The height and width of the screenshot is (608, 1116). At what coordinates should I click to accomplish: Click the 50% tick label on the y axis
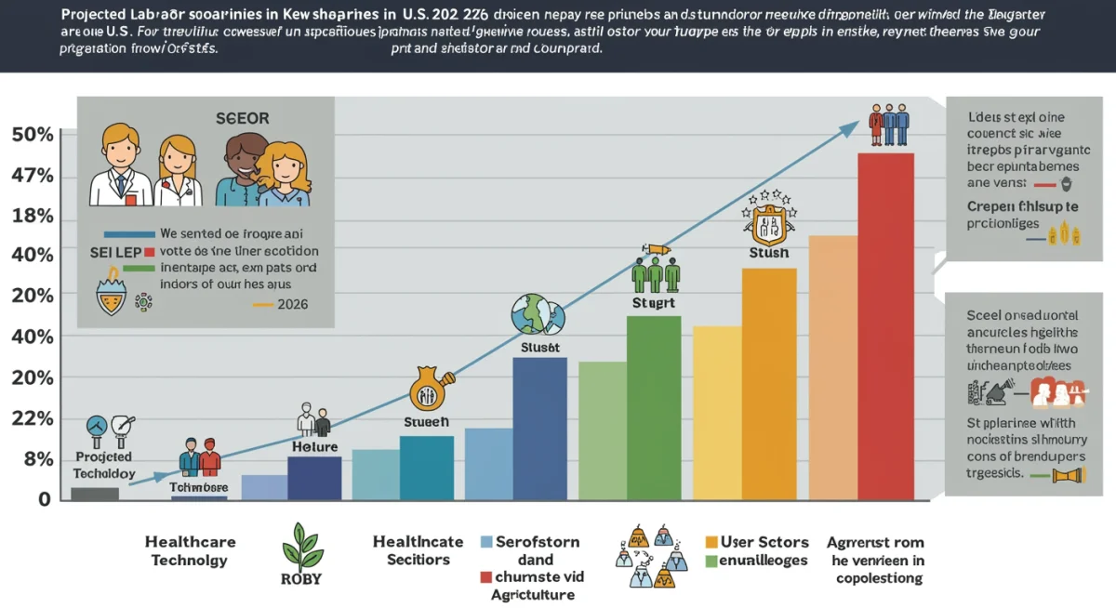[x=33, y=135]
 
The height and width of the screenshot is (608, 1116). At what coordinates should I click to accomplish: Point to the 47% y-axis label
[x=33, y=177]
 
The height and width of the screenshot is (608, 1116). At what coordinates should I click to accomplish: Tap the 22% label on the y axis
[x=33, y=418]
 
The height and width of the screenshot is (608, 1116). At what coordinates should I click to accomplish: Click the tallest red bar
[x=884, y=325]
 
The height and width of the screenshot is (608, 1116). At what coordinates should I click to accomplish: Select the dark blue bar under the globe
[x=539, y=428]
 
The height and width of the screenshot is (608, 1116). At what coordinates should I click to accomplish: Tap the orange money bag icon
[x=430, y=390]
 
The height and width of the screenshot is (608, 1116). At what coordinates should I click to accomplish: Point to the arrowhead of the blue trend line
[x=854, y=126]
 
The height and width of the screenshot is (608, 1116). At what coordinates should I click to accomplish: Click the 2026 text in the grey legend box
[x=292, y=304]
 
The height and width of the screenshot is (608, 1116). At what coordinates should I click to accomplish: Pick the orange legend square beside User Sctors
[x=712, y=542]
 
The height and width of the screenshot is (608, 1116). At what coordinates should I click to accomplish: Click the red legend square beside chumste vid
[x=485, y=577]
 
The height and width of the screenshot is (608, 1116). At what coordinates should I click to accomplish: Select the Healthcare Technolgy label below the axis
[x=191, y=550]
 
